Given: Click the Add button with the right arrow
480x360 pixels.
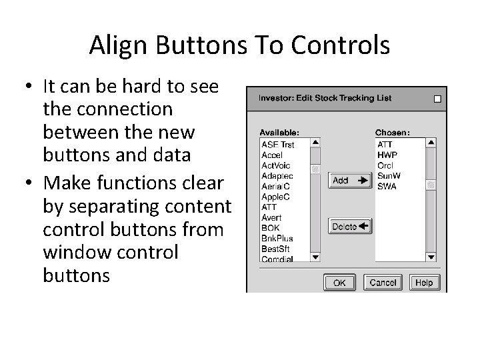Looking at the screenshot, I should pyautogui.click(x=349, y=181).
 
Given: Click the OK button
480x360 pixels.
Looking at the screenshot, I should pyautogui.click(x=339, y=283).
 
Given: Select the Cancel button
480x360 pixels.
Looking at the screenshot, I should pyautogui.click(x=383, y=283).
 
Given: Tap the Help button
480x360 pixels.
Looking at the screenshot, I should pyautogui.click(x=423, y=283).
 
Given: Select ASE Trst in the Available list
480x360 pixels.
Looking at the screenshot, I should pyautogui.click(x=278, y=144).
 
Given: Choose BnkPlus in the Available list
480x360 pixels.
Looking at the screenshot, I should pyautogui.click(x=277, y=238).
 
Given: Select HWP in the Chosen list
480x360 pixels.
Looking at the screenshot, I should pyautogui.click(x=387, y=155).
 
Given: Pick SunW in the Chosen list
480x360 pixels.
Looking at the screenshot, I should pyautogui.click(x=387, y=176).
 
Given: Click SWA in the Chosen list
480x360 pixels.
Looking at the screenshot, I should pyautogui.click(x=387, y=187).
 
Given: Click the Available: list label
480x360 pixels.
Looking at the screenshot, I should pyautogui.click(x=279, y=132).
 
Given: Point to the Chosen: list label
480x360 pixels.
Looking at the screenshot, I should pyautogui.click(x=393, y=132).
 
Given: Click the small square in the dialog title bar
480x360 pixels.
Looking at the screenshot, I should pyautogui.click(x=437, y=99).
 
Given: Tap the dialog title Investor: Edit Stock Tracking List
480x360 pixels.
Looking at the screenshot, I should pyautogui.click(x=325, y=99).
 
